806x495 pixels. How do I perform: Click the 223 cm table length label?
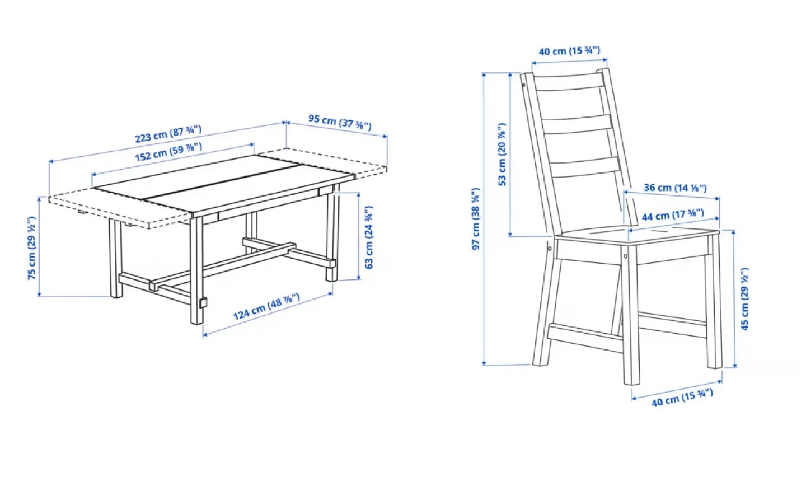[x=168, y=134]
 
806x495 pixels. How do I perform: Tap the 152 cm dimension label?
[x=168, y=152]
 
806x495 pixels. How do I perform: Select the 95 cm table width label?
[x=340, y=122]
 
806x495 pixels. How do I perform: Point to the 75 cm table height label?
[x=32, y=247]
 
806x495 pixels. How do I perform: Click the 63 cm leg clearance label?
[x=369, y=237]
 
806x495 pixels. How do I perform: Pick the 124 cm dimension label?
[x=266, y=307]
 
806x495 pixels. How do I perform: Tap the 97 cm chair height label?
[x=476, y=219]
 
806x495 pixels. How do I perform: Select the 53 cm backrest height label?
[x=502, y=155]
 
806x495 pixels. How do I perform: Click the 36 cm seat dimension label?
[x=676, y=188]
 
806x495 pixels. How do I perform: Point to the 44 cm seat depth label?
[x=673, y=215]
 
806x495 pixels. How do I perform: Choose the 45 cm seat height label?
[x=744, y=299]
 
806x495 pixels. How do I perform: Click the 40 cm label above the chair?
[x=570, y=51]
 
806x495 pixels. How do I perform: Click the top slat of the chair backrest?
[x=570, y=83]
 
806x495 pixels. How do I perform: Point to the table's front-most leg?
[x=196, y=270]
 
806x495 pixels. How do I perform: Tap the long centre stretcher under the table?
[x=223, y=265]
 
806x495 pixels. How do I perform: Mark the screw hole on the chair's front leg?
[x=626, y=256]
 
